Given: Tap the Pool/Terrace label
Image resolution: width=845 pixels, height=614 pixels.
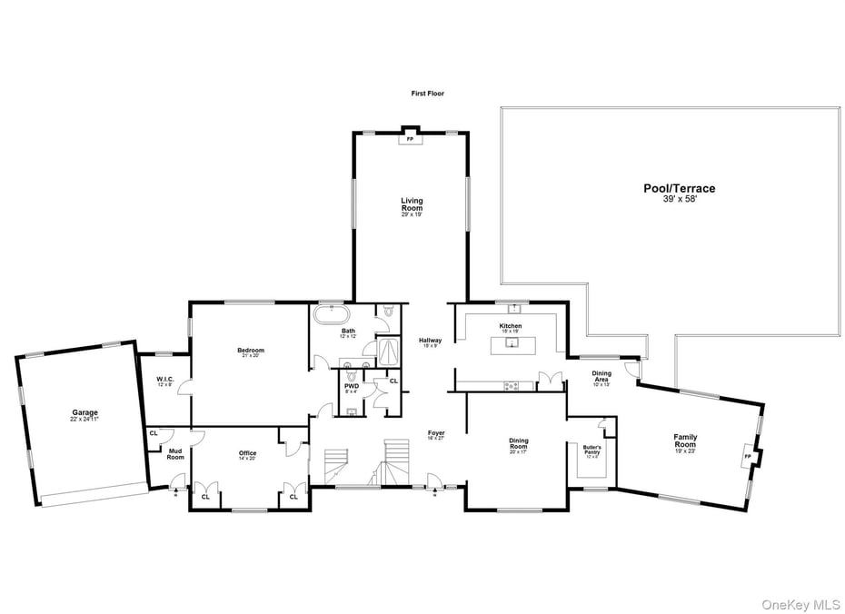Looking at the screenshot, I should [x=680, y=189].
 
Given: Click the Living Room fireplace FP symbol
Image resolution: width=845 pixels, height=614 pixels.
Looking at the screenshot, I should [x=409, y=140].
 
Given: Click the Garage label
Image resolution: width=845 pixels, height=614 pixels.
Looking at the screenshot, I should [x=85, y=413].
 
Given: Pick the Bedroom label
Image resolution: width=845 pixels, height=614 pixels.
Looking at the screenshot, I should [x=251, y=351].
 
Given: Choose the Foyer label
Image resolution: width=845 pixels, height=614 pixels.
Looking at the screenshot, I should [x=436, y=434].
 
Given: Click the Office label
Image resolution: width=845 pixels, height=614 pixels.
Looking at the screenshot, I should [x=247, y=454].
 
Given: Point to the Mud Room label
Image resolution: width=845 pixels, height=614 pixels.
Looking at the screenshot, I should [x=175, y=454].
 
